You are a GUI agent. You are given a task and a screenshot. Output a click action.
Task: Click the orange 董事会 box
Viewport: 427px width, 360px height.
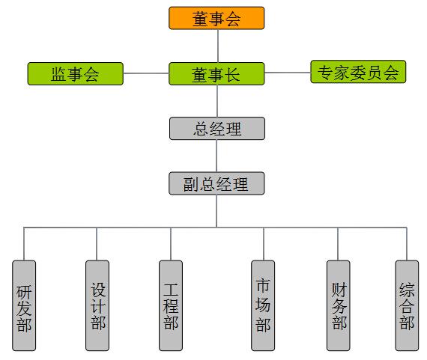coord(216,18)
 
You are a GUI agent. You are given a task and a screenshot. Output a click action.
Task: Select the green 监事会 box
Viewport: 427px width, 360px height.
coord(76,74)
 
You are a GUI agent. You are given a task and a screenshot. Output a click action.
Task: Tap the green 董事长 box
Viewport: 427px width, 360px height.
coord(216,74)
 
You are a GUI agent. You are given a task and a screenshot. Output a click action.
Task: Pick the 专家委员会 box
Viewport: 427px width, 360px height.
coord(358,72)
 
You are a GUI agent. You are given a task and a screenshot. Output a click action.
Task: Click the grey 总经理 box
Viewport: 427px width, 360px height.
coord(217,129)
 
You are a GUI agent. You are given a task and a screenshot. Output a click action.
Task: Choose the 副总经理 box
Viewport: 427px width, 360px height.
coord(216,183)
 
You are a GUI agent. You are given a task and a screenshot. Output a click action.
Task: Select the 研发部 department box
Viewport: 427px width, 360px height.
coord(24,305)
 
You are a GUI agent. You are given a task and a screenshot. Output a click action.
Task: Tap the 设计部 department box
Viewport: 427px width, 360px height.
coord(97,305)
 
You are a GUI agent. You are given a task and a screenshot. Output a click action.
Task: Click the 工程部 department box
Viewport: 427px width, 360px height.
coord(171,305)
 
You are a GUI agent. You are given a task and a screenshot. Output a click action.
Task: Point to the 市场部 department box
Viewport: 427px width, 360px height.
coord(263,305)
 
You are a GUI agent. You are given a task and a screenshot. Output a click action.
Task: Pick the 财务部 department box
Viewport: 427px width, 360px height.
coord(338,305)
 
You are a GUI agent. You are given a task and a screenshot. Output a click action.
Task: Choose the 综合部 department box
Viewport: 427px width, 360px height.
coord(407,305)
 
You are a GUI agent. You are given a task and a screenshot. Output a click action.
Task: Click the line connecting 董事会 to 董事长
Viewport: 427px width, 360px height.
coord(218,46)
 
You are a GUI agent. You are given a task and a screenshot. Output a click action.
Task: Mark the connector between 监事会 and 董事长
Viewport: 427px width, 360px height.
coord(146,73)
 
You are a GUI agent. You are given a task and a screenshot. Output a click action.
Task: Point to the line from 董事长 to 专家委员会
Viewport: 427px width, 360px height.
coord(288,73)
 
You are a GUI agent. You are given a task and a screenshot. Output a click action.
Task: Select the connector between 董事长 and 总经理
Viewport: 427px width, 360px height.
coord(217,101)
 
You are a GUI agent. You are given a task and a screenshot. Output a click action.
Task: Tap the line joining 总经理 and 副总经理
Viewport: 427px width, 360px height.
coord(216,156)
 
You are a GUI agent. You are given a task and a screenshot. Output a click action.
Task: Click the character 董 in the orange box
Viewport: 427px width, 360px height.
coord(201,19)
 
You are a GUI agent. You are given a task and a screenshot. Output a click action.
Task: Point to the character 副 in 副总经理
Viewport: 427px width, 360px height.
coord(191,184)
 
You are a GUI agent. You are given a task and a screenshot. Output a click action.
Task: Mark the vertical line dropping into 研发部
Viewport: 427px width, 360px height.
coord(24,244)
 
